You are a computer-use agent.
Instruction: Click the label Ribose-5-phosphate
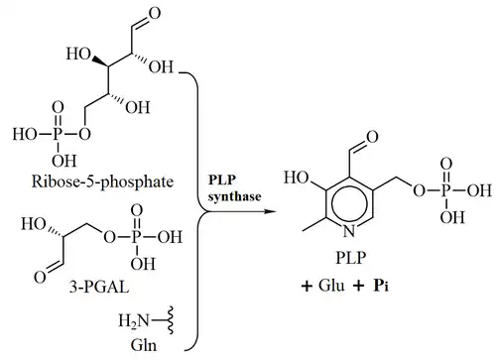pyautogui.click(x=102, y=181)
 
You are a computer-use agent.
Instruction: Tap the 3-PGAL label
pyautogui.click(x=99, y=287)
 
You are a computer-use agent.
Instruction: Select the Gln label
pyautogui.click(x=144, y=345)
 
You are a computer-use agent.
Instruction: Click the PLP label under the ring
pyautogui.click(x=351, y=258)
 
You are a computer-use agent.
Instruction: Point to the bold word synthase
pyautogui.click(x=234, y=196)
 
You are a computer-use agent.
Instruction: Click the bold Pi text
pyautogui.click(x=381, y=286)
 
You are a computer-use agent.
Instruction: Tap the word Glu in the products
pyautogui.click(x=331, y=286)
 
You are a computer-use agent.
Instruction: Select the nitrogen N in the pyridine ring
pyautogui.click(x=349, y=231)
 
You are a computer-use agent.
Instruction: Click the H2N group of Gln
pyautogui.click(x=134, y=320)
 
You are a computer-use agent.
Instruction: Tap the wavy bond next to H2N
pyautogui.click(x=171, y=320)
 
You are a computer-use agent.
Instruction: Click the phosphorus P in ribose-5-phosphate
pyautogui.click(x=58, y=135)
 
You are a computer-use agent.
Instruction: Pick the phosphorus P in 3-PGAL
pyautogui.click(x=137, y=237)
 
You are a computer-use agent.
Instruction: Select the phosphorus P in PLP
pyautogui.click(x=445, y=190)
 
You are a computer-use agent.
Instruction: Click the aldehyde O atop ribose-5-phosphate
pyautogui.click(x=155, y=14)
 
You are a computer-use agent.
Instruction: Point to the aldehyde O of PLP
pyautogui.click(x=371, y=136)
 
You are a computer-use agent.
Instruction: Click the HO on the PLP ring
pyautogui.click(x=297, y=178)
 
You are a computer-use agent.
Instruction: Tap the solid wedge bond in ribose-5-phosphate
pyautogui.click(x=99, y=61)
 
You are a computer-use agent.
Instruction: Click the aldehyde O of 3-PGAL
pyautogui.click(x=40, y=277)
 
